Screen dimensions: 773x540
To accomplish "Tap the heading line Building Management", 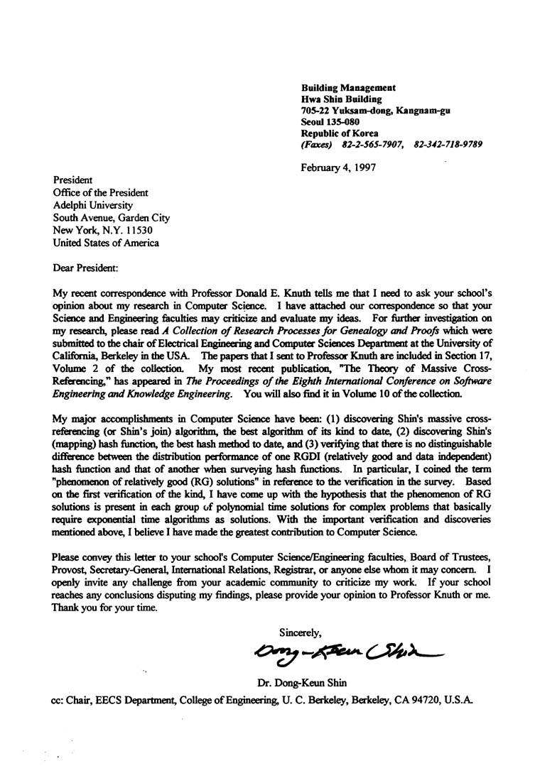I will pos(348,87).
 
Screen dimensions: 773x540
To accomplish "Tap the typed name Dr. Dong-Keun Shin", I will pos(301,684).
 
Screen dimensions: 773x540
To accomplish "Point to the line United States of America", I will pos(107,243).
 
